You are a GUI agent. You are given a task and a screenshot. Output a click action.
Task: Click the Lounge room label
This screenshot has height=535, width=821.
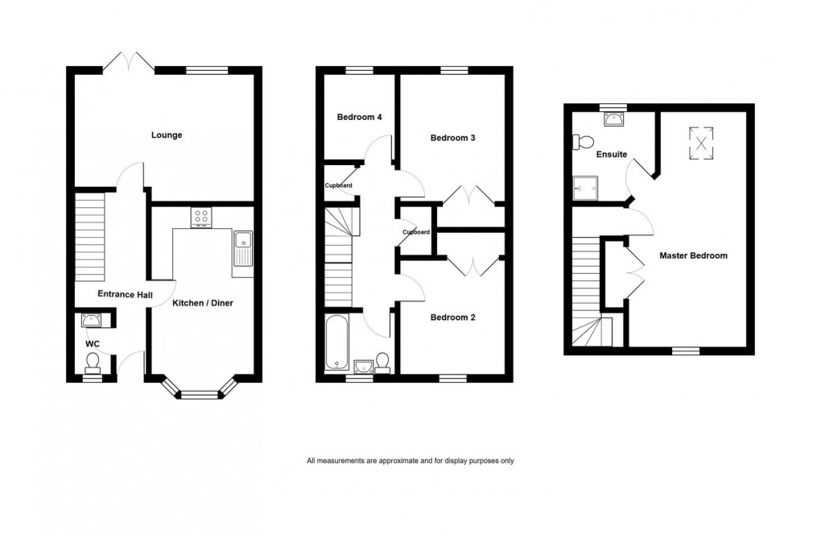pos(167,135)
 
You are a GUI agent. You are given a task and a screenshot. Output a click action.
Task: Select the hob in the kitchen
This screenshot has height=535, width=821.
pos(200,217)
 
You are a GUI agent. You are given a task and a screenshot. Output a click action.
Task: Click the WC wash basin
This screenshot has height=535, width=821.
pos(91,321)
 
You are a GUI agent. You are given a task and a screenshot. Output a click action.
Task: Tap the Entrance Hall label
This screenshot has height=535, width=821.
pos(125,295)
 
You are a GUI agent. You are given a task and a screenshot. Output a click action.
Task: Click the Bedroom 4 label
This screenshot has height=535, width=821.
pos(359,117)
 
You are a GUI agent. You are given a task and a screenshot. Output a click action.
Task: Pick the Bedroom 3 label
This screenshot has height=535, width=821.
pos(452,138)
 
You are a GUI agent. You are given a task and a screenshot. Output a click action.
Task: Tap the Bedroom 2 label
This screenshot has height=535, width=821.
pos(452,317)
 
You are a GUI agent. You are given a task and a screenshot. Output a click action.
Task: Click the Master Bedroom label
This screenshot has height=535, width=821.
pos(693,255)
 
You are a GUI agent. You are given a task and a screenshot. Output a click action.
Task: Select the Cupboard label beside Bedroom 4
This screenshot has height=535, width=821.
pos(338,185)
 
